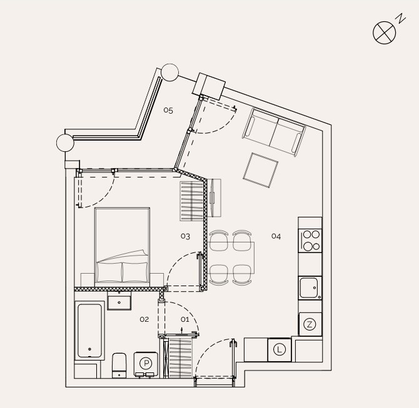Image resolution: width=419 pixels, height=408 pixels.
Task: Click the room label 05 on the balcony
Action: pyautogui.click(x=168, y=110)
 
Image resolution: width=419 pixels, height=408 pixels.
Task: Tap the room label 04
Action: pyautogui.click(x=276, y=236)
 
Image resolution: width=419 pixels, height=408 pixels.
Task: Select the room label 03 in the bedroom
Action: pyautogui.click(x=185, y=236)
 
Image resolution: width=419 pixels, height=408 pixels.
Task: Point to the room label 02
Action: pyautogui.click(x=144, y=319)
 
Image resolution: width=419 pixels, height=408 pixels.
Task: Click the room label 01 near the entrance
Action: pyautogui.click(x=185, y=319)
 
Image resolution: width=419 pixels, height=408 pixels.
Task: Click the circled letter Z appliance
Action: pyautogui.click(x=310, y=324)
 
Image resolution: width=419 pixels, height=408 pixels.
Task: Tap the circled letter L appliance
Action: pyautogui.click(x=280, y=350)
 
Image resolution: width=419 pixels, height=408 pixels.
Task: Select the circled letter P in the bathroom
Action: pyautogui.click(x=146, y=364)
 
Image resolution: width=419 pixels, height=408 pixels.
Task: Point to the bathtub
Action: pyautogui.click(x=89, y=331)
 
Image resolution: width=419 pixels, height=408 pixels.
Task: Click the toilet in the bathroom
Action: pyautogui.click(x=119, y=366)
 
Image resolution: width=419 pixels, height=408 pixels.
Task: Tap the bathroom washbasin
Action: pyautogui.click(x=119, y=301)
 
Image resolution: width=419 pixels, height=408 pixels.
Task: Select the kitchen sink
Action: pyautogui.click(x=310, y=288)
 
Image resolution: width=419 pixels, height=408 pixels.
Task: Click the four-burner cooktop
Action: pyautogui.click(x=310, y=241)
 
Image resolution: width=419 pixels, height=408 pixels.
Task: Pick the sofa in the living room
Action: pyautogui.click(x=274, y=132)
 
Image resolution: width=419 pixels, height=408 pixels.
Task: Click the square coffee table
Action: pyautogui.click(x=261, y=171)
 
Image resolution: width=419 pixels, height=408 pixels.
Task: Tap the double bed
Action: pyautogui.click(x=122, y=247)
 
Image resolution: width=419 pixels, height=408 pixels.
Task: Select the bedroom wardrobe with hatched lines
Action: pyautogui.click(x=191, y=201)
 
